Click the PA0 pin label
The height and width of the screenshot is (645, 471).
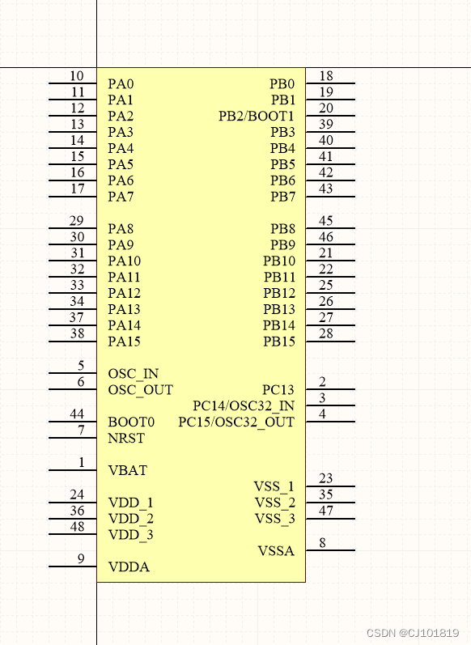(x=121, y=84)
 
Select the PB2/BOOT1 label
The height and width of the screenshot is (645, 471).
(x=257, y=117)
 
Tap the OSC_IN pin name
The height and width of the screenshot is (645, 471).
(x=133, y=374)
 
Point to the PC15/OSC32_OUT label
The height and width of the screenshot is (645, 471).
(x=236, y=422)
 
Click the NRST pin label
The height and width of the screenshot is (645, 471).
(x=125, y=439)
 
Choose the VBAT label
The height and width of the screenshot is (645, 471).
(x=127, y=470)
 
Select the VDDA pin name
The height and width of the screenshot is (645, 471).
(x=128, y=567)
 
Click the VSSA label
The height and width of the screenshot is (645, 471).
(x=276, y=551)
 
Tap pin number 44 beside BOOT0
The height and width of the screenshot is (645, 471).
(x=77, y=414)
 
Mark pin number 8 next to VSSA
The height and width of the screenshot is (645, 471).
(x=322, y=543)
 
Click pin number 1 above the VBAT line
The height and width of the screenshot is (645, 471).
(x=81, y=462)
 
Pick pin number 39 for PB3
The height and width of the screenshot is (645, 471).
(x=325, y=124)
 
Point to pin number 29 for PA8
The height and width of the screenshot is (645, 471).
(x=77, y=221)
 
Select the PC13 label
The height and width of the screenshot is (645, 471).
(x=278, y=390)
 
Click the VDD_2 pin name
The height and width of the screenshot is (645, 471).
(x=130, y=519)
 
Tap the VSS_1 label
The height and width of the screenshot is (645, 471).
(x=274, y=486)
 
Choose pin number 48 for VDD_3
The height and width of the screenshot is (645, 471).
(x=77, y=527)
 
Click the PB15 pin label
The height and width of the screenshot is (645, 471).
(x=279, y=342)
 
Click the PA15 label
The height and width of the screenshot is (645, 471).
(x=124, y=342)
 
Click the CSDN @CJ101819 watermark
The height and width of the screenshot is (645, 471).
(x=413, y=633)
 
